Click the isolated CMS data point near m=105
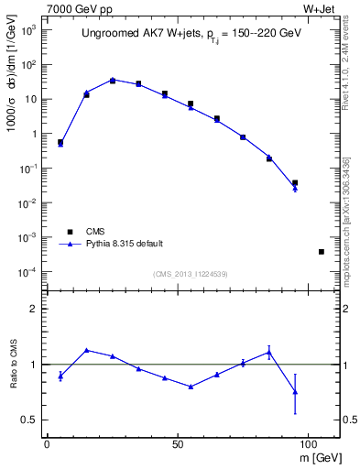point(322,251)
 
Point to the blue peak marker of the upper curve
point(113,80)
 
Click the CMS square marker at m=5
point(60,143)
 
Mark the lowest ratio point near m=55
point(191,387)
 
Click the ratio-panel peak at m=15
point(86,350)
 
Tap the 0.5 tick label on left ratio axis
point(28,420)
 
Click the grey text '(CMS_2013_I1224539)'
point(190,274)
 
